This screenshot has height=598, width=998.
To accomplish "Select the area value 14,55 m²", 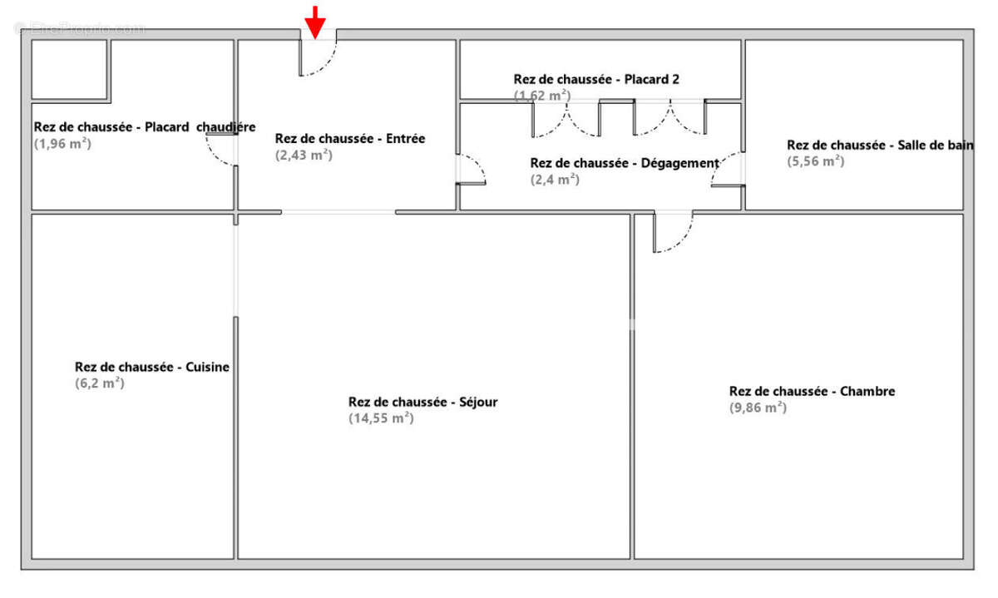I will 381,418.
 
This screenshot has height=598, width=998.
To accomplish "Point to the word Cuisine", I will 207,367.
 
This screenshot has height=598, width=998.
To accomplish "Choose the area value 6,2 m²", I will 99,383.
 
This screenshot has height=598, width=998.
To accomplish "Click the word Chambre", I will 867,391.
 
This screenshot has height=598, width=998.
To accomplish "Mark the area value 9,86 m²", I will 758,408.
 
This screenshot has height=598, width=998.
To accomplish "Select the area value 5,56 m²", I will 816,161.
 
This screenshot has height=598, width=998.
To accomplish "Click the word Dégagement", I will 680,163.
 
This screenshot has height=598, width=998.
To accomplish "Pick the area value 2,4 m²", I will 555,179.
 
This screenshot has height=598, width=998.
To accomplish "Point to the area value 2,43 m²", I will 304,155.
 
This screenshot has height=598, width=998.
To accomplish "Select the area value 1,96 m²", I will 62,143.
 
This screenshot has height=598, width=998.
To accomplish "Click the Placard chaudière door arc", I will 220,150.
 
